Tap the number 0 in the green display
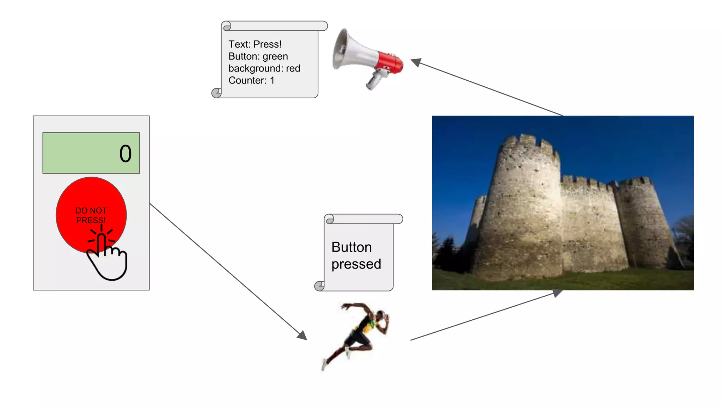126,154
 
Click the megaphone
367,58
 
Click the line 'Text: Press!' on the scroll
255,44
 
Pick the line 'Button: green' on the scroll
258,56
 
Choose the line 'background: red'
264,68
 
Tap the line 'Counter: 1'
251,80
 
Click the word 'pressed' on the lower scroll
356,264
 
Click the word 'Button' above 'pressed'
351,247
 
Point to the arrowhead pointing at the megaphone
416,62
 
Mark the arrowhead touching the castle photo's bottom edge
557,293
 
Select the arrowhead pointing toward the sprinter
302,335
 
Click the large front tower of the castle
522,211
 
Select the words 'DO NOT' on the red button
91,210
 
